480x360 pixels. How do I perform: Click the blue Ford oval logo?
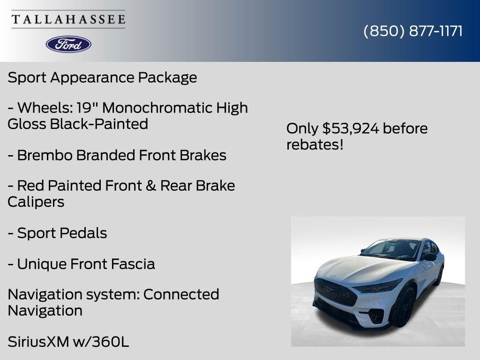pos(68,44)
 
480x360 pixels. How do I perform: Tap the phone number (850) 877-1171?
pos(413,31)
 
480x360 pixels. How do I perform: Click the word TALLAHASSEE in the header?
pos(68,20)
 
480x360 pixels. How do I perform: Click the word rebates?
pos(315,145)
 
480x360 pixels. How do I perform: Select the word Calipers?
pos(36,202)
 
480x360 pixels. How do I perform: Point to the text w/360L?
pos(101,342)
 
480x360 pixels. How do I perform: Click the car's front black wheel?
pos(405,307)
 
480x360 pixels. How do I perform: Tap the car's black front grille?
pos(335,292)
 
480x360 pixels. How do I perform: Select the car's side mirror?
pos(430,257)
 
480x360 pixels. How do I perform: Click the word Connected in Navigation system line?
pos(181,294)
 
